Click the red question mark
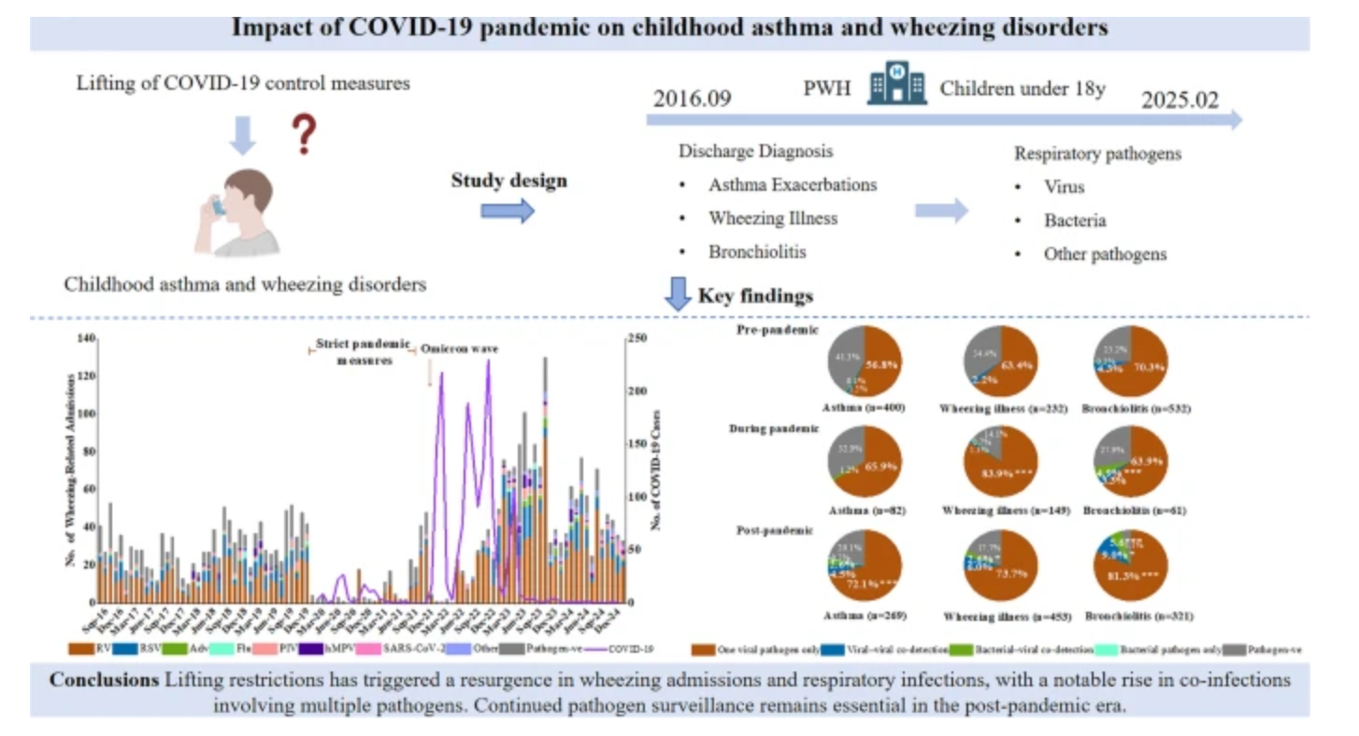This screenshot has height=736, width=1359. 303,135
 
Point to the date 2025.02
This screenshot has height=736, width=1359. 1180,100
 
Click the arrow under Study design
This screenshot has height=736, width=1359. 508,211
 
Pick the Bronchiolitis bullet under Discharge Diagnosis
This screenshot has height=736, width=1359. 756,253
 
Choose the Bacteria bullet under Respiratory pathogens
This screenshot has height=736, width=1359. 1075,221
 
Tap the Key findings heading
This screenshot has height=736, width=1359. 755,296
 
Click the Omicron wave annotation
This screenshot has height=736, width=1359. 459,349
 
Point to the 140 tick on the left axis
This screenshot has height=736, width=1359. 87,339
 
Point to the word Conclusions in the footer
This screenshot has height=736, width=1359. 104,680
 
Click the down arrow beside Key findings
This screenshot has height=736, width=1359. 676,295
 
